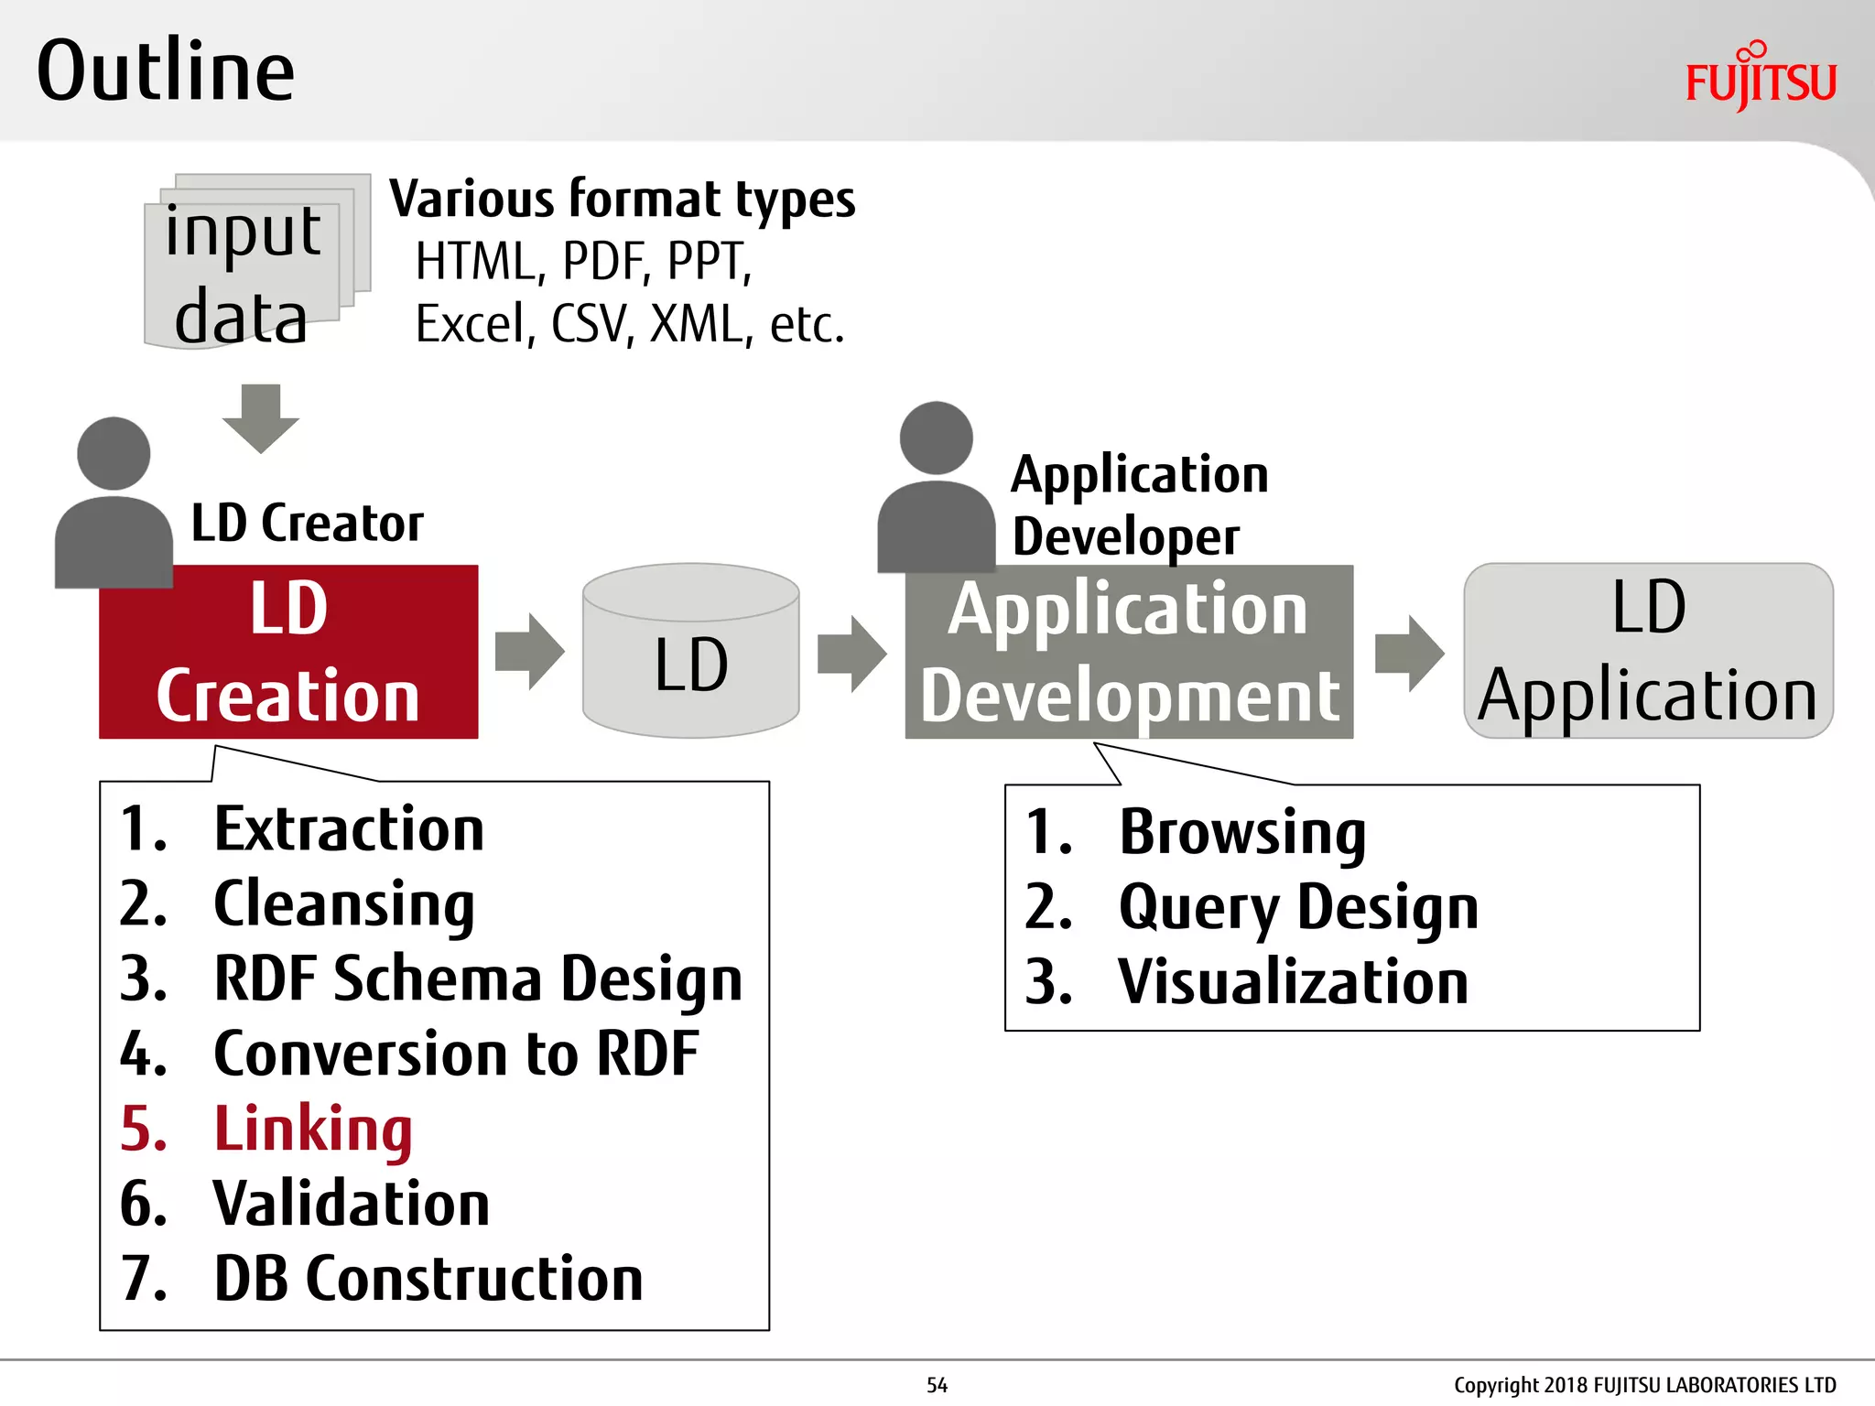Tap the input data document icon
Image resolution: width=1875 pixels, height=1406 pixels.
click(247, 265)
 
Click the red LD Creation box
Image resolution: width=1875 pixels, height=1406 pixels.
click(288, 652)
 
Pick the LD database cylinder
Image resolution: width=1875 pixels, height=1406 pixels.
click(691, 652)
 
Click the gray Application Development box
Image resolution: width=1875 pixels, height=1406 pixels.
click(1129, 652)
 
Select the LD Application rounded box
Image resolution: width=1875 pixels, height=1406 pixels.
click(1648, 652)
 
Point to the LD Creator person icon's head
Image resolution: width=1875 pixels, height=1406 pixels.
click(114, 454)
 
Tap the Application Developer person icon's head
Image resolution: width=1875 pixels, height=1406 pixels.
click(936, 438)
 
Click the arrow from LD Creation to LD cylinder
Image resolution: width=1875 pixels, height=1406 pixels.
click(529, 652)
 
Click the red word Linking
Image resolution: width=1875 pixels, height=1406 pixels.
click(313, 1129)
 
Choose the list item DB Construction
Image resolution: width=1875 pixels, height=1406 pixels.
click(428, 1279)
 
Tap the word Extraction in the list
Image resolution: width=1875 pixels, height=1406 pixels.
click(349, 829)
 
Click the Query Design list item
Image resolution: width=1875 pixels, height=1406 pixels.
click(1298, 907)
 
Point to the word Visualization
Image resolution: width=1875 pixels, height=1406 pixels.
click(1293, 982)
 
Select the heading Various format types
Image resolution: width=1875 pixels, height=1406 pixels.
click(622, 200)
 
